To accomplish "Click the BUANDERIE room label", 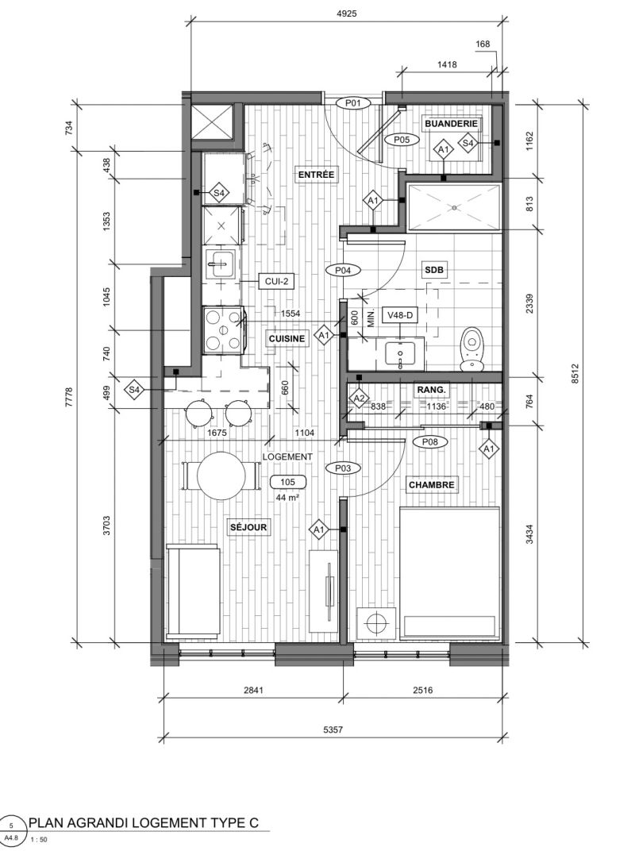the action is point(451,124).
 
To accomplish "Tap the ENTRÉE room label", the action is point(316,175).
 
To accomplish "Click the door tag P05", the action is point(402,140).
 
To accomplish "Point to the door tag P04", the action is point(343,270).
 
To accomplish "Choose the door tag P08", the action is point(430,442).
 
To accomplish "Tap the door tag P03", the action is point(343,468).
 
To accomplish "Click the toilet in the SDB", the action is point(472,349).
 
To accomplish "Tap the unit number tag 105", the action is point(287,482).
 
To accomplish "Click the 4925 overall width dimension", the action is point(346,13).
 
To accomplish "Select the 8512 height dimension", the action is point(575,373).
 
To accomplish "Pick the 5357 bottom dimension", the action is point(333,730).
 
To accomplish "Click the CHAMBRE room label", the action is point(432,485).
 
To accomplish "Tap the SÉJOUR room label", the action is point(248,527).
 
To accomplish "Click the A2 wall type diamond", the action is point(359,399).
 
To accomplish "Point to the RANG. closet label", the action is point(432,389).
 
